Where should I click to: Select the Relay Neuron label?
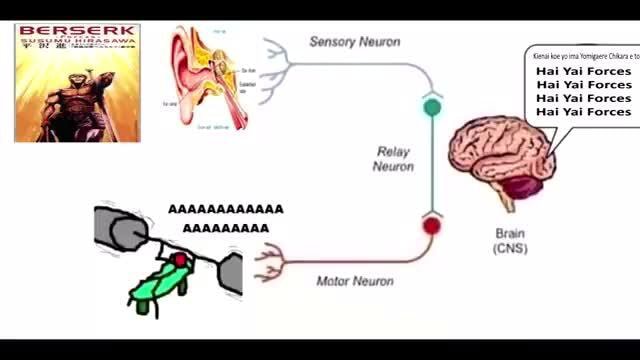tap(394, 158)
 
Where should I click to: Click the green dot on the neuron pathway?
tap(432, 106)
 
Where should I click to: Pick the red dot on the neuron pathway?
tap(431, 225)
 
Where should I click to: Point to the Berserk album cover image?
tap(77, 83)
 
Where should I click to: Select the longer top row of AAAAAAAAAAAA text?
tap(225, 210)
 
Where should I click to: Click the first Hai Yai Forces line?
tap(583, 72)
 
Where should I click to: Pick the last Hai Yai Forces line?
tap(583, 112)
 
